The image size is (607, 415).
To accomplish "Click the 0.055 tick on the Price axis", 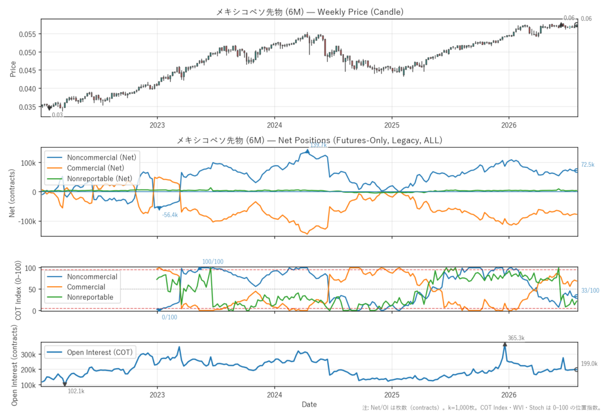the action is pyautogui.click(x=27, y=34).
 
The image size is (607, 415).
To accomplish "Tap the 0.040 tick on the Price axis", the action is pyautogui.click(x=27, y=89).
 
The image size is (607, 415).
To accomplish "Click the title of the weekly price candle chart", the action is pyautogui.click(x=309, y=12).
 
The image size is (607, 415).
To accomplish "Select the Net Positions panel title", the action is pyautogui.click(x=309, y=140).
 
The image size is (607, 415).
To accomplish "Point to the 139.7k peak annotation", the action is pyautogui.click(x=318, y=145).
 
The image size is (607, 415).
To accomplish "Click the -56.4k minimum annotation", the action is pyautogui.click(x=170, y=215).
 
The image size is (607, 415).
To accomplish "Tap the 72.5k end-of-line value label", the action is pyautogui.click(x=587, y=165).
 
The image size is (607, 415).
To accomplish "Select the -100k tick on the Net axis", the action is pyautogui.click(x=28, y=221).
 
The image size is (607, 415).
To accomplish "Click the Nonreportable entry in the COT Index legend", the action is pyautogui.click(x=90, y=297).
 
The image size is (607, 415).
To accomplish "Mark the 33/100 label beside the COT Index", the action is pyautogui.click(x=590, y=290).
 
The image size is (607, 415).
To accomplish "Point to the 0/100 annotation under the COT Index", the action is pyautogui.click(x=170, y=317).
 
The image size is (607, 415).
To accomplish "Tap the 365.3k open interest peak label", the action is pyautogui.click(x=516, y=338).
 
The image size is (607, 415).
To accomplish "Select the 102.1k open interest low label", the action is pyautogui.click(x=76, y=391).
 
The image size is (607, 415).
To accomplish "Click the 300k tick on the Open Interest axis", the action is pyautogui.click(x=28, y=355).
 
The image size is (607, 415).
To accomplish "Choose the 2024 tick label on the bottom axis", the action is pyautogui.click(x=274, y=395).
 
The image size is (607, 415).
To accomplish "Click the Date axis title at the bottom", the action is pyautogui.click(x=309, y=404).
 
